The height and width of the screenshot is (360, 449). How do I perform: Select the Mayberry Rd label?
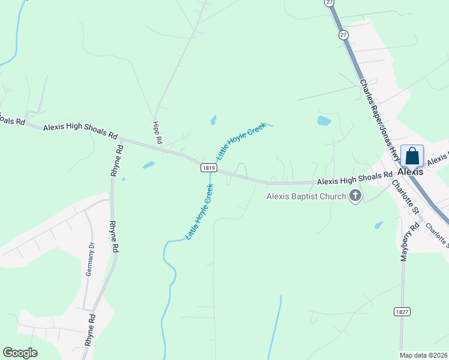click(x=414, y=242)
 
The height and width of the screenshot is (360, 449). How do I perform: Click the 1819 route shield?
click(x=208, y=169)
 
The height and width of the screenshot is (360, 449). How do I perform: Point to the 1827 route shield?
click(x=402, y=311)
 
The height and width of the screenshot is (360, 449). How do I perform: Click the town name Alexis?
click(x=411, y=171)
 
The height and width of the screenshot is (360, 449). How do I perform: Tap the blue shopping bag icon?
click(x=412, y=156)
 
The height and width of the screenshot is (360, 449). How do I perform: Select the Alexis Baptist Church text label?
click(x=307, y=196)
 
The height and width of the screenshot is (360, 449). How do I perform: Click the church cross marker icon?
click(x=355, y=196)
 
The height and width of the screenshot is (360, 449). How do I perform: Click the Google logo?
click(x=20, y=353)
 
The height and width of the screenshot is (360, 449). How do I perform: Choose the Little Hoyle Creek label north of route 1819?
click(x=240, y=140)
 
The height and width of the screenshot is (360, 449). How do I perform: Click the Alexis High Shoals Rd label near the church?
click(x=354, y=179)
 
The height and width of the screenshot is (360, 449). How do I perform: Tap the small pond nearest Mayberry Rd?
click(x=378, y=225)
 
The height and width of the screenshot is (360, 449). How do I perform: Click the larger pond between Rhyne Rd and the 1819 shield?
click(x=148, y=165)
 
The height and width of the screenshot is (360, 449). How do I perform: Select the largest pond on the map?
click(x=324, y=121)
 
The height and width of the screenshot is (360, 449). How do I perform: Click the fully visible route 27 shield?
click(x=343, y=35)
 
